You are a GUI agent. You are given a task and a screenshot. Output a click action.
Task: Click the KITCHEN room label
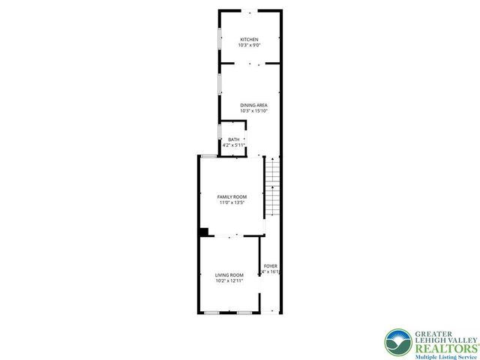tap(249, 39)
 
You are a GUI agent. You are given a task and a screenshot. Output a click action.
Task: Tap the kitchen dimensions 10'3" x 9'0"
tap(249, 45)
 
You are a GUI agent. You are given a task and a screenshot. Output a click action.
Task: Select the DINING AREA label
tap(253, 105)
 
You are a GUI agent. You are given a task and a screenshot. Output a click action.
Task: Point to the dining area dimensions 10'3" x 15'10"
tap(253, 111)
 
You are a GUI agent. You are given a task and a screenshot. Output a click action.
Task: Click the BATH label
tap(234, 139)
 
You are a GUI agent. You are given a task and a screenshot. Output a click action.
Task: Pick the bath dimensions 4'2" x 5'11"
tap(234, 145)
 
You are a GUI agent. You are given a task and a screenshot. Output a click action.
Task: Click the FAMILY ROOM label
tap(232, 196)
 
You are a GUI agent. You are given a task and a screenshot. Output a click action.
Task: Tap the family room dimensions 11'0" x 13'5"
tap(232, 202)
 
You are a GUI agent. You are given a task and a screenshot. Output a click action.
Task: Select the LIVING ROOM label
tap(229, 274)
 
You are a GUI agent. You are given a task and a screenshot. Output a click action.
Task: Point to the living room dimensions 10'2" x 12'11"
tap(229, 280)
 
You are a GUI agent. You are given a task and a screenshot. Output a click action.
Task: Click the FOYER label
tap(270, 266)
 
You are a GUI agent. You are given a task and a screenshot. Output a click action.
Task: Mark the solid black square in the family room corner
tap(203, 232)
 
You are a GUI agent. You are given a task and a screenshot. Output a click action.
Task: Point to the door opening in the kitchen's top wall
tap(250, 10)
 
